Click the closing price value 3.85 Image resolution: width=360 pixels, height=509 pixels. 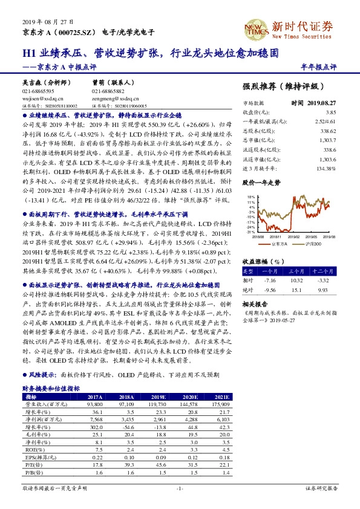pyautogui.click(x=330, y=112)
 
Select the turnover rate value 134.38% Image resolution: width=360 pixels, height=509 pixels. pyautogui.click(x=326, y=167)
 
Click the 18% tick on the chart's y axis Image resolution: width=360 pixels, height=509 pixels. pyautogui.click(x=252, y=197)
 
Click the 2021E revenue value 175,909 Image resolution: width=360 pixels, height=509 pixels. pyautogui.click(x=220, y=403)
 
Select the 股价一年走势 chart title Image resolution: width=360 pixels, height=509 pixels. pyautogui.click(x=261, y=181)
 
